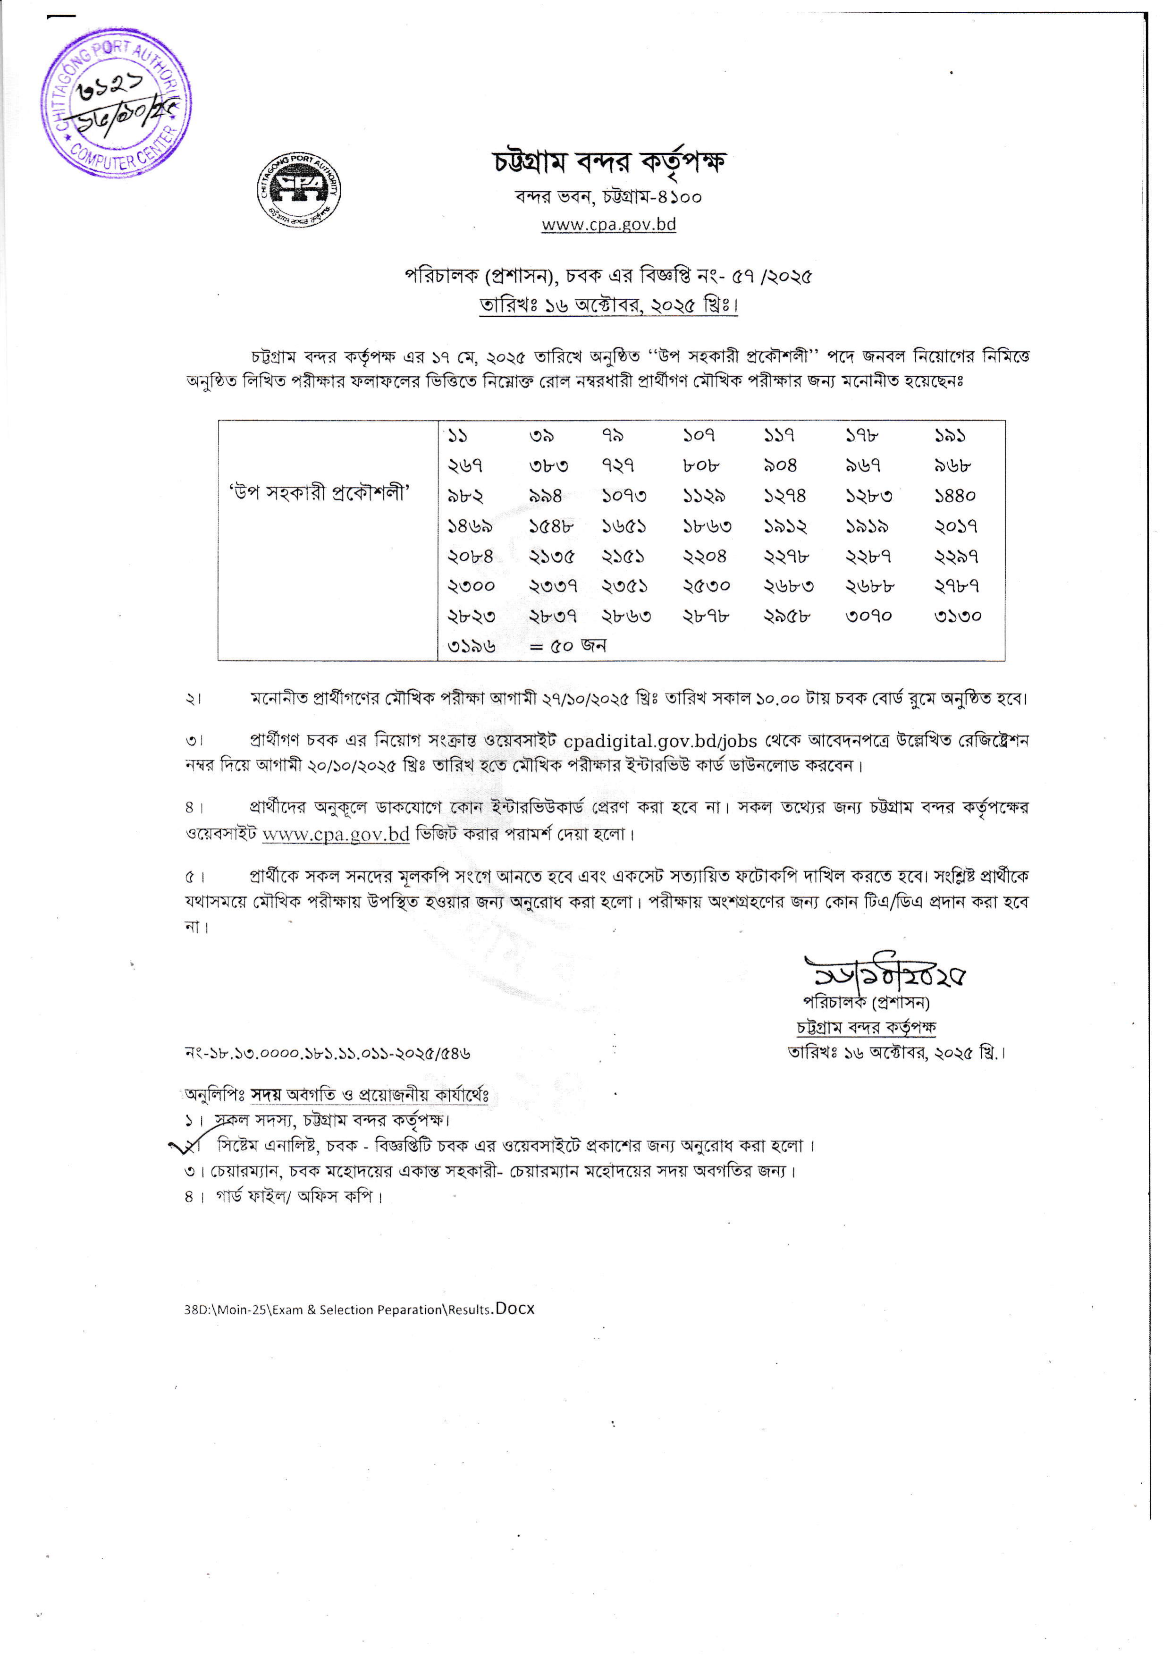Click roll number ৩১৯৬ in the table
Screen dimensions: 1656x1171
coord(471,646)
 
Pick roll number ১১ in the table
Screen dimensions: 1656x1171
coord(458,436)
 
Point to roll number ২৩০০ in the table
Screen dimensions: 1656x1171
coord(471,586)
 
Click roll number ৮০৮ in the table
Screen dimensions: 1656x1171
coord(701,466)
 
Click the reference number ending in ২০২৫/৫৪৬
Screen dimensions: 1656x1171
coord(328,1053)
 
